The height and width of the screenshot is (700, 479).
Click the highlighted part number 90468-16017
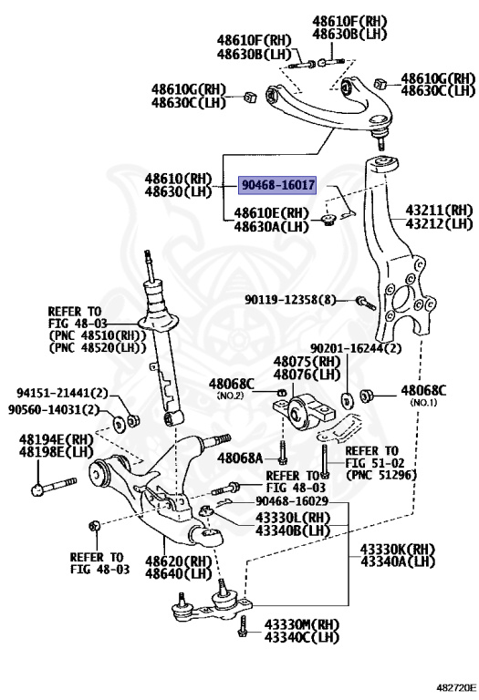[x=277, y=184]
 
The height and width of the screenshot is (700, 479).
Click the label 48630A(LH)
[x=271, y=226]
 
